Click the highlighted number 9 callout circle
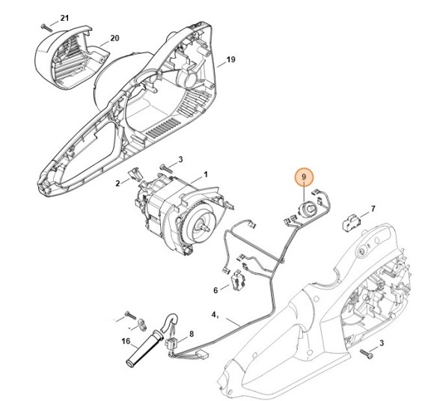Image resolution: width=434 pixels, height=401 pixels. [x=305, y=177]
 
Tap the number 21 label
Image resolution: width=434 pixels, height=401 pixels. [x=64, y=17]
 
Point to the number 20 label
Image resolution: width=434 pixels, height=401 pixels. [x=114, y=37]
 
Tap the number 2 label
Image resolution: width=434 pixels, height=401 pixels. [x=117, y=183]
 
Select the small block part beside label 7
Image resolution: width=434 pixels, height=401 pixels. [x=351, y=222]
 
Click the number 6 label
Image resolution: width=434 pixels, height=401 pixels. [x=216, y=290]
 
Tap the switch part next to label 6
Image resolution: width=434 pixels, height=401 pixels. [x=239, y=281]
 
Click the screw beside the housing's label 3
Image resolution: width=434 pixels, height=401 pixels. [x=365, y=352]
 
